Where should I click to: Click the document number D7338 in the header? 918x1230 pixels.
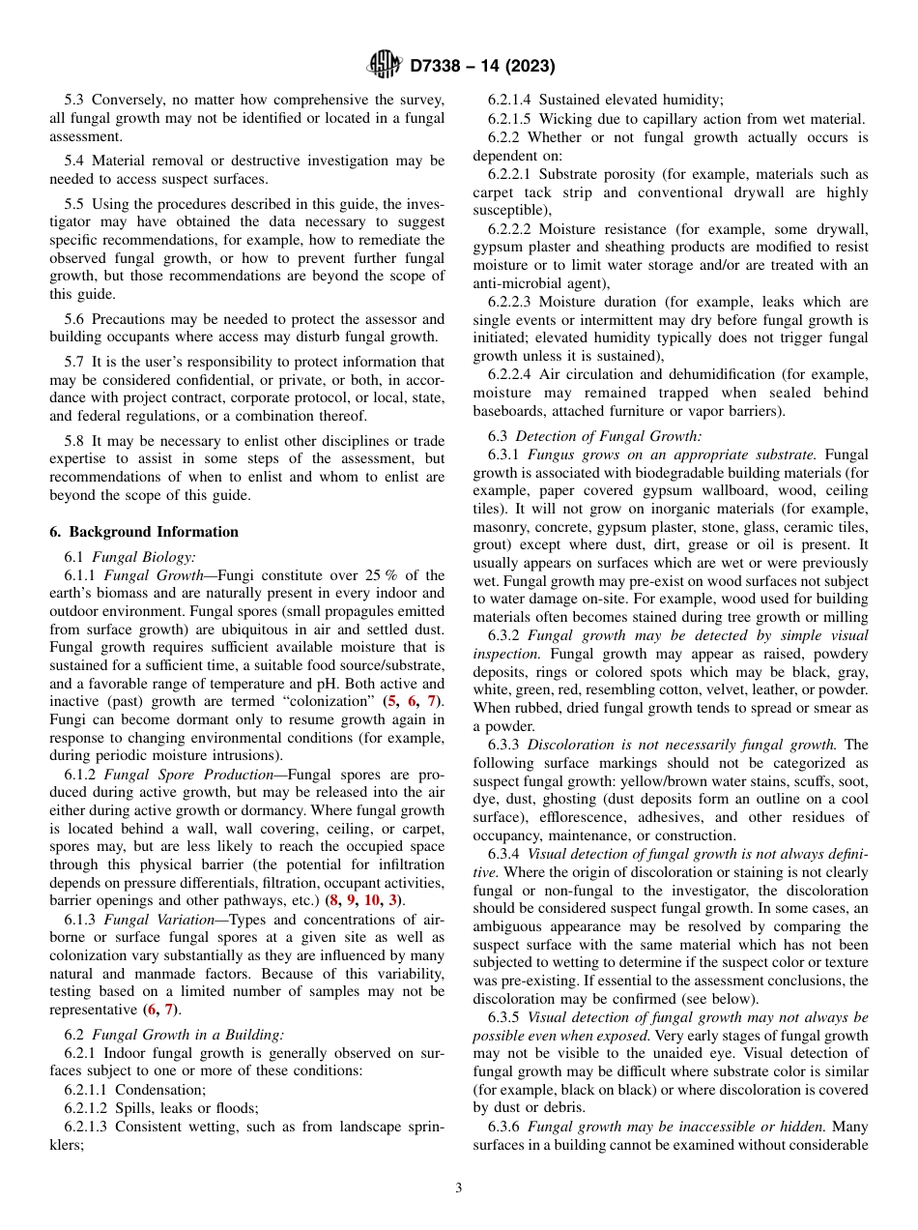[x=442, y=67]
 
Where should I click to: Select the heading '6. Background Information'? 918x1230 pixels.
[x=144, y=532]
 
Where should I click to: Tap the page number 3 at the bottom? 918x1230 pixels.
[x=459, y=1188]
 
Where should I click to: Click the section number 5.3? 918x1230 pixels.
[x=75, y=100]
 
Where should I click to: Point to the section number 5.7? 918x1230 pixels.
[x=75, y=361]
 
